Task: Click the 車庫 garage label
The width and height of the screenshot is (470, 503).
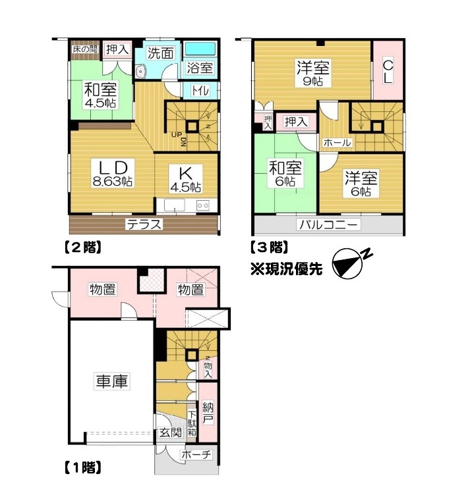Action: pyautogui.click(x=112, y=381)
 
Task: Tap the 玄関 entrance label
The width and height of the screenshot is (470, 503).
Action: pyautogui.click(x=170, y=432)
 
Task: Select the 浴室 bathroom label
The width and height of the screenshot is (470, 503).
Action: pyautogui.click(x=200, y=68)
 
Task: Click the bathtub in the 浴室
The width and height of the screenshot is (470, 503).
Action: pyautogui.click(x=200, y=50)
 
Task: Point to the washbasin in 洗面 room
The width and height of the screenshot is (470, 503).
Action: pyautogui.click(x=140, y=72)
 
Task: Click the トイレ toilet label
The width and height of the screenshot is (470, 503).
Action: pyautogui.click(x=200, y=90)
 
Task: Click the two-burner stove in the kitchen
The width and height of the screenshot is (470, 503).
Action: pyautogui.click(x=203, y=205)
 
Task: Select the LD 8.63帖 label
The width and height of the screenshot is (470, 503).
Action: pyautogui.click(x=113, y=174)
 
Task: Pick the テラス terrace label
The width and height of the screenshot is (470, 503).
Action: pyautogui.click(x=144, y=225)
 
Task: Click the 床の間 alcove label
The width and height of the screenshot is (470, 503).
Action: pyautogui.click(x=85, y=49)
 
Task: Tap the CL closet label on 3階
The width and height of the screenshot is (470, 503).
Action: pyautogui.click(x=388, y=72)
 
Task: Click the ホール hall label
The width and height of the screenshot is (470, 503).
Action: pyautogui.click(x=337, y=142)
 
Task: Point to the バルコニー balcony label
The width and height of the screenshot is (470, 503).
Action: pyautogui.click(x=328, y=225)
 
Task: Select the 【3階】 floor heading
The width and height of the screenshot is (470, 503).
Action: pyautogui.click(x=270, y=248)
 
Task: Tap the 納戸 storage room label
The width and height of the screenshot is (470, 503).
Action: pyautogui.click(x=208, y=413)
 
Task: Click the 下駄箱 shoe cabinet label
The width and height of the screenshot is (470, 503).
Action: pyautogui.click(x=192, y=423)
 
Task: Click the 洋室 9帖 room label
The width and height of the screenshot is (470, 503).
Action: pyautogui.click(x=313, y=73)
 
